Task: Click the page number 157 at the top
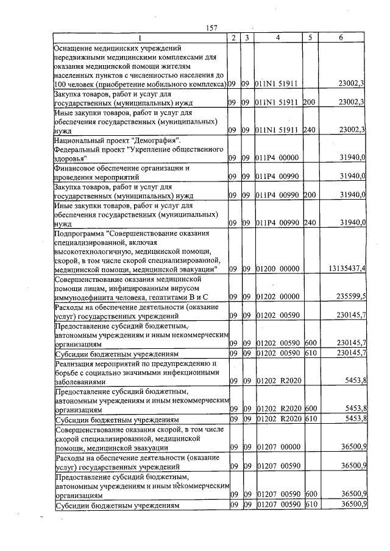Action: (212, 28)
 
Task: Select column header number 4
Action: (278, 38)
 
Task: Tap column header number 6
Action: (341, 38)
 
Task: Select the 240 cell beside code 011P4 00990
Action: (310, 222)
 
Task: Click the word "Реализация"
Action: (76, 363)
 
